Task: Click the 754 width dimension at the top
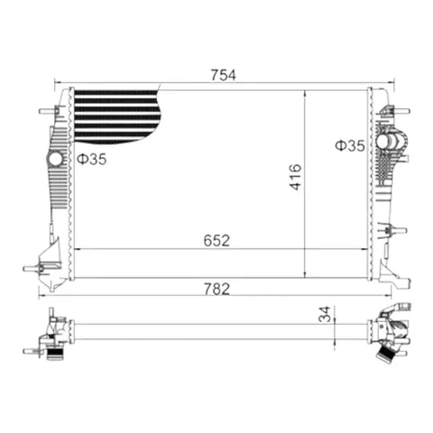pyautogui.click(x=223, y=75)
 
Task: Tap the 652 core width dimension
pyautogui.click(x=216, y=241)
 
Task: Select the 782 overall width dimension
pyautogui.click(x=216, y=289)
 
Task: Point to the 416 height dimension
pyautogui.click(x=295, y=177)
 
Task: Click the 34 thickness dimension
pyautogui.click(x=325, y=314)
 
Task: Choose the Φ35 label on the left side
pyautogui.click(x=92, y=159)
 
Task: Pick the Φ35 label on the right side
pyautogui.click(x=350, y=146)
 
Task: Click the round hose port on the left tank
pyautogui.click(x=55, y=159)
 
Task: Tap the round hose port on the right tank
pyautogui.click(x=383, y=142)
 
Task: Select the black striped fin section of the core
pyautogui.click(x=117, y=116)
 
